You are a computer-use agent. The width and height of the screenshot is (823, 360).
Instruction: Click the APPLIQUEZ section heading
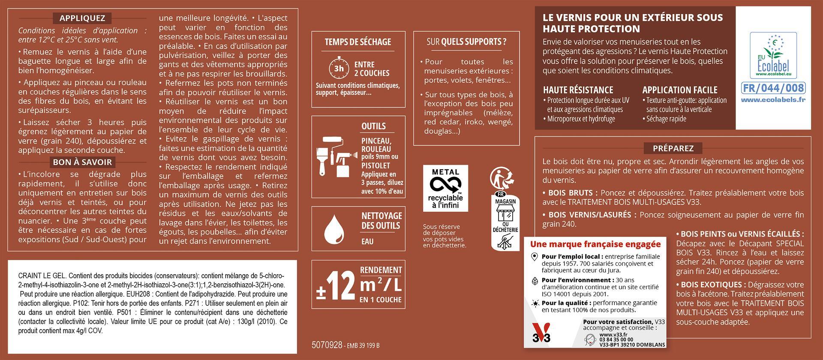pos(82,18)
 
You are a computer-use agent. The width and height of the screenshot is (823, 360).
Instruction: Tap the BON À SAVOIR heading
pos(82,162)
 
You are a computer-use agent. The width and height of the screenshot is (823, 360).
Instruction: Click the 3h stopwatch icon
pos(339,68)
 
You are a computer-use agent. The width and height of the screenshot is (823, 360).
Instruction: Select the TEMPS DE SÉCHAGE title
pos(358,42)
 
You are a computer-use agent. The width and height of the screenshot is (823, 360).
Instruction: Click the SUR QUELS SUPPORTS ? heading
pos(466,42)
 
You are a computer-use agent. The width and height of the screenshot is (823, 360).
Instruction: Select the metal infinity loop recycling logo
pos(445,185)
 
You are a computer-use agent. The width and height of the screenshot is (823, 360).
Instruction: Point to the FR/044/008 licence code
pos(773,88)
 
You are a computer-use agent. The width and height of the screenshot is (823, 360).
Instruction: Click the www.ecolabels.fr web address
pos(773,99)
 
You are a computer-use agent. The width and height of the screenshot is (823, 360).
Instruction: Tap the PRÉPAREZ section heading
pos(673,148)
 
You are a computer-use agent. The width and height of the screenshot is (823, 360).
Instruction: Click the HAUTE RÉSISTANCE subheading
pos(578,90)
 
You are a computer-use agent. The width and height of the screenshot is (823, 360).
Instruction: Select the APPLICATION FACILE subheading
pos(679,90)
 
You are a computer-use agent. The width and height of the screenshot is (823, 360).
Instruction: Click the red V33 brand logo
pos(541,333)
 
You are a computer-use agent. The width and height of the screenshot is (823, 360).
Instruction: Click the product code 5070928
pos(327,345)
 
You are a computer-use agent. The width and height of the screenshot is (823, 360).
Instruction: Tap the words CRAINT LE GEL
pos(42,276)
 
